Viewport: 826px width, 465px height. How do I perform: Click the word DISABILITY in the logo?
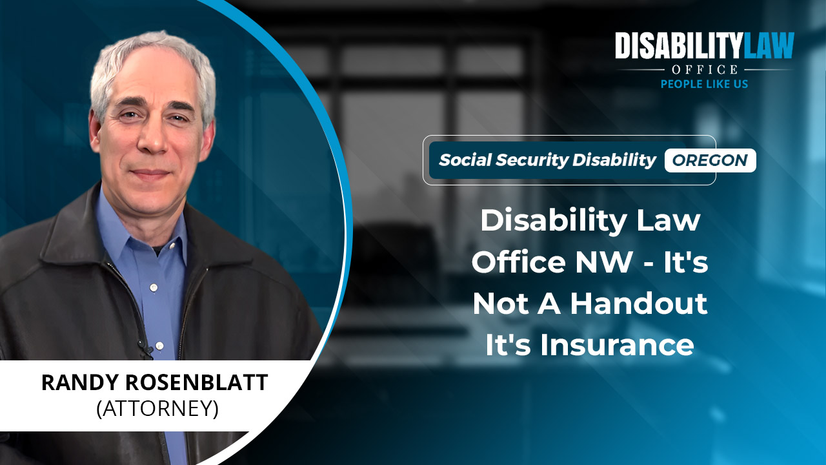coord(678,45)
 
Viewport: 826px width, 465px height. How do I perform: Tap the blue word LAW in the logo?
coord(767,45)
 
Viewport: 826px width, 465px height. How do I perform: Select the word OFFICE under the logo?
coord(705,69)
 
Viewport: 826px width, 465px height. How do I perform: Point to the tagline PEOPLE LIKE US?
coord(704,84)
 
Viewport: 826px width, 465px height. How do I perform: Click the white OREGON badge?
coord(710,160)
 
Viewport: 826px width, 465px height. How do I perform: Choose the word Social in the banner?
coord(465,160)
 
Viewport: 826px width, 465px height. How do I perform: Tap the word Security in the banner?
coord(532,161)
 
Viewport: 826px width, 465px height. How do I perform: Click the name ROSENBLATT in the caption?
coord(197,382)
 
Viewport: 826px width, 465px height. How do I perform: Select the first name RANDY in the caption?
coord(81,382)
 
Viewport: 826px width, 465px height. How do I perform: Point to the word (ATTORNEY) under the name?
coord(157,409)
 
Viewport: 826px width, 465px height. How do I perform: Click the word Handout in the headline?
coord(639,304)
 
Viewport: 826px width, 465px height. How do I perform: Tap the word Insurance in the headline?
coord(617,345)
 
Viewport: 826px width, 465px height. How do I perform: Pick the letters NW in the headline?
coord(604,262)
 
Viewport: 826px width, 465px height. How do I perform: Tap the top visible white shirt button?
coord(154,287)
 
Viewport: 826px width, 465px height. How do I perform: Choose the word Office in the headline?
coord(518,262)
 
